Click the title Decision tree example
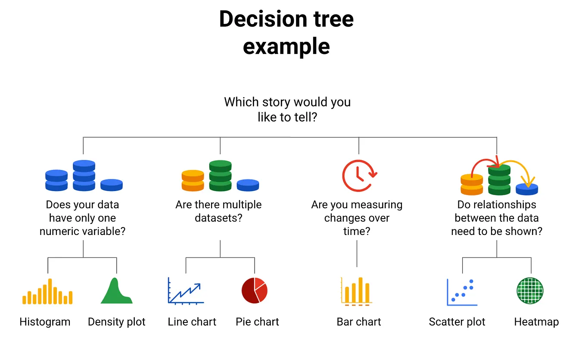[286, 32]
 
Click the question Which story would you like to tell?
[287, 110]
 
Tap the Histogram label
[45, 322]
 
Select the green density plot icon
[116, 291]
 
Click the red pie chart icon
[254, 291]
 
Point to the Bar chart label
[358, 322]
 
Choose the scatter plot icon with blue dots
[462, 292]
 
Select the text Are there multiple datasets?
[218, 211]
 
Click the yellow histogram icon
[47, 292]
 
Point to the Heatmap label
[536, 322]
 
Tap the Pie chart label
[257, 322]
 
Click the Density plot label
[116, 322]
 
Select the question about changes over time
[357, 218]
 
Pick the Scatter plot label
[457, 322]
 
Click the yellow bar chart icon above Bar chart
[356, 291]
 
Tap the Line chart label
[192, 322]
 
